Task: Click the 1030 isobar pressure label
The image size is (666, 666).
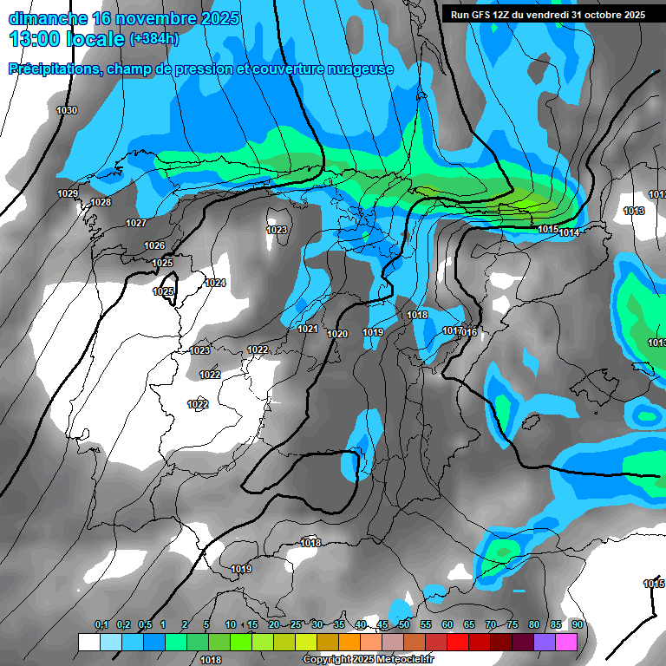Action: click(x=66, y=110)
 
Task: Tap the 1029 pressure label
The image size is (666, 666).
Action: click(x=68, y=193)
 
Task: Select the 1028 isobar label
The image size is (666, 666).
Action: click(x=101, y=202)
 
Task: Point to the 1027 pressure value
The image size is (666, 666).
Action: click(x=136, y=223)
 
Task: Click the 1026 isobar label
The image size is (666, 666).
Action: click(x=154, y=245)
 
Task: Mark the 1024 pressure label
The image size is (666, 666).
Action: click(x=215, y=284)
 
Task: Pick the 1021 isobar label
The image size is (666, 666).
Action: click(x=308, y=330)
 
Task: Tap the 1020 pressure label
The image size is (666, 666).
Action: click(x=337, y=334)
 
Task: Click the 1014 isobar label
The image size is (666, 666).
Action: click(x=570, y=232)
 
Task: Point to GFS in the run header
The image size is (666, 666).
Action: click(x=480, y=15)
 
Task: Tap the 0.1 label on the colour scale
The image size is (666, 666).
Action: click(x=101, y=624)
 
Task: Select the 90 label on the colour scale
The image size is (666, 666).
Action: click(x=577, y=624)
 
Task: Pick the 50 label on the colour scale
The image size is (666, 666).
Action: click(x=404, y=624)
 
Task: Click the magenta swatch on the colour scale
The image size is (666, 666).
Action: click(x=566, y=642)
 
